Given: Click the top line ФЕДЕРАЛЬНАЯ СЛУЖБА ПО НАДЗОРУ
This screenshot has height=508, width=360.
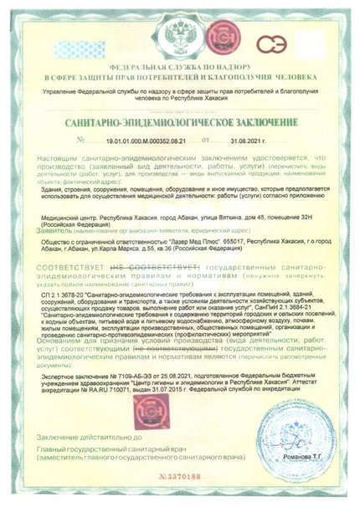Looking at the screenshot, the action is click(179, 63).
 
